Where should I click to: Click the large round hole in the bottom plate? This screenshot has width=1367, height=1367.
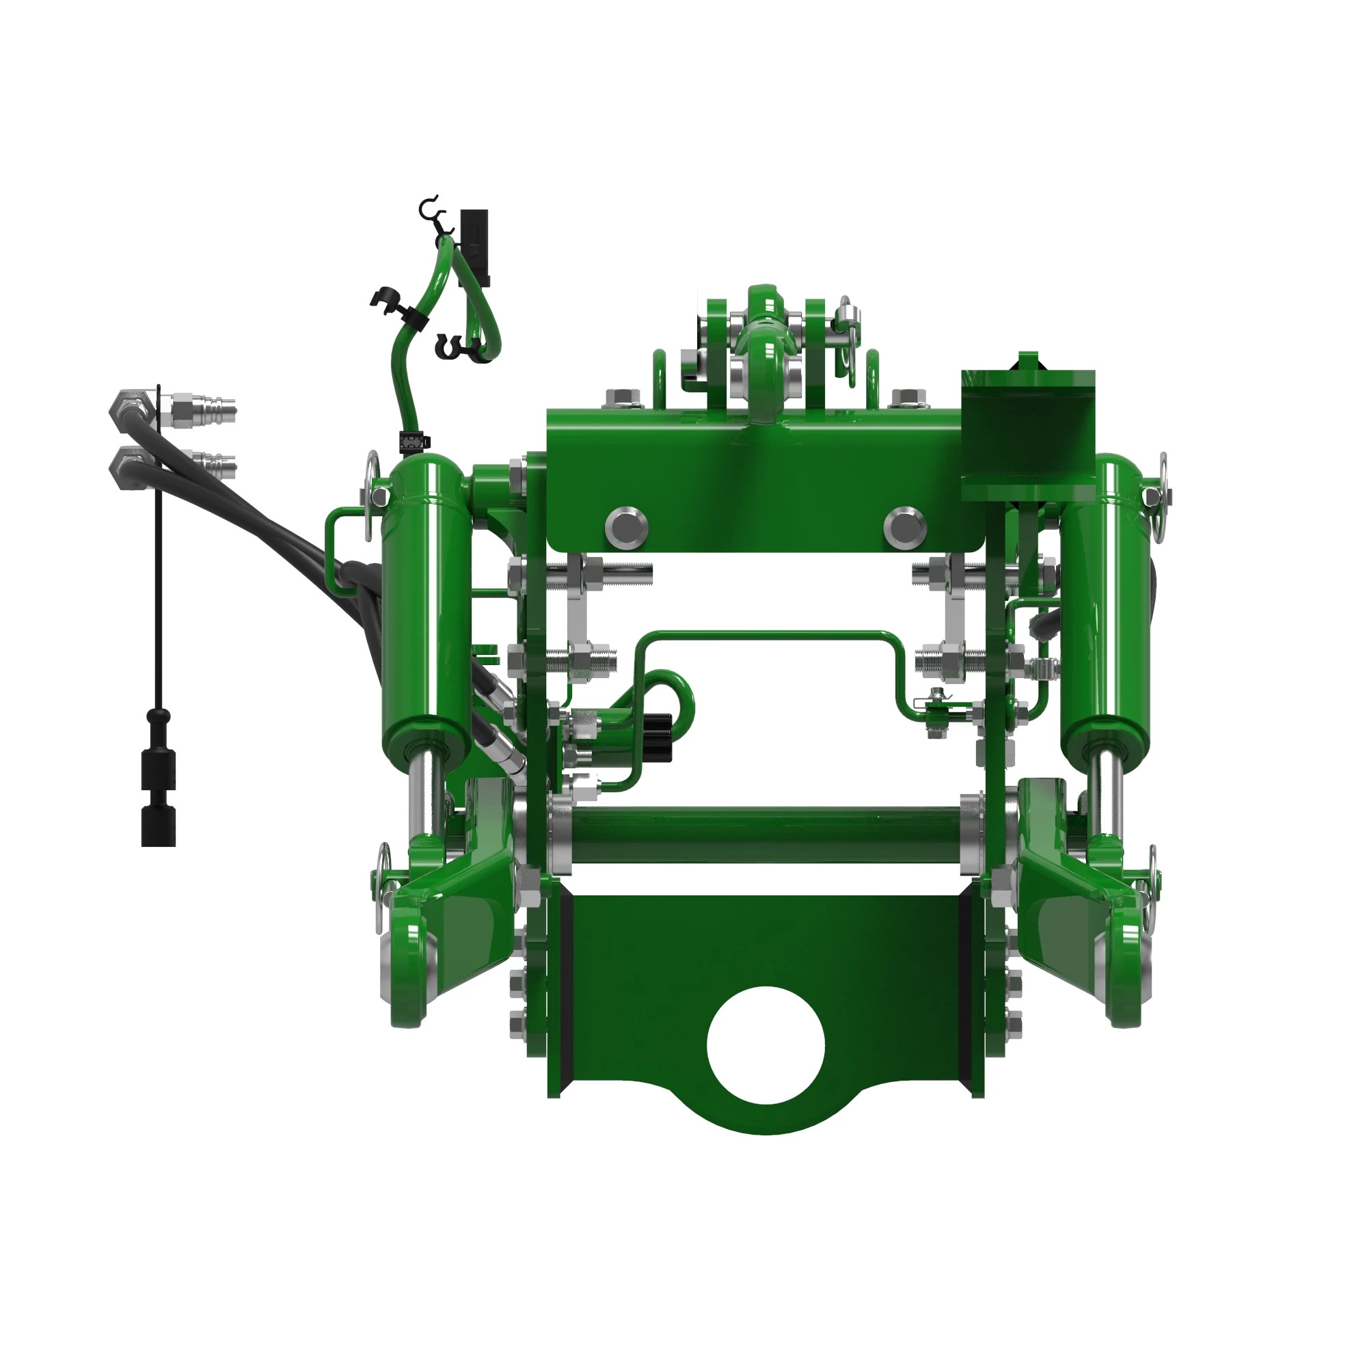[766, 1046]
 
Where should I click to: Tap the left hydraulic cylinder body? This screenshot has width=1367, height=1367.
[426, 601]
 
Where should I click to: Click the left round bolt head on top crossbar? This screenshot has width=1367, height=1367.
[626, 526]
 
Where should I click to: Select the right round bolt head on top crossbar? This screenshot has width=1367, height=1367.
[904, 526]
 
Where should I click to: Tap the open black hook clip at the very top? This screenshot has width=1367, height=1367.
[429, 207]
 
